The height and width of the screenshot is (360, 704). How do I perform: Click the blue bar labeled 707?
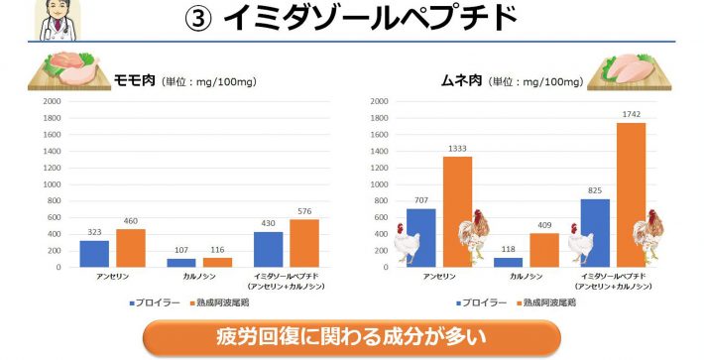[x=421, y=237]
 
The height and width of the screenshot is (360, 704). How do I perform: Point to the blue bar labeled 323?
[x=94, y=253]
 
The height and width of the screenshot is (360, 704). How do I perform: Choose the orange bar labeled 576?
[x=303, y=243]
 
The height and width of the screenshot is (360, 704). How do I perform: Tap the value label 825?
[x=594, y=190]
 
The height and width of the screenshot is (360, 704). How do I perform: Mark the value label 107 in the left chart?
[x=180, y=250]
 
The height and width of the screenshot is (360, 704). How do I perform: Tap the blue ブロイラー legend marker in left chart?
[x=132, y=300]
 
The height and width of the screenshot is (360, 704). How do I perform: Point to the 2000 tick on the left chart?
[x=52, y=100]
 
